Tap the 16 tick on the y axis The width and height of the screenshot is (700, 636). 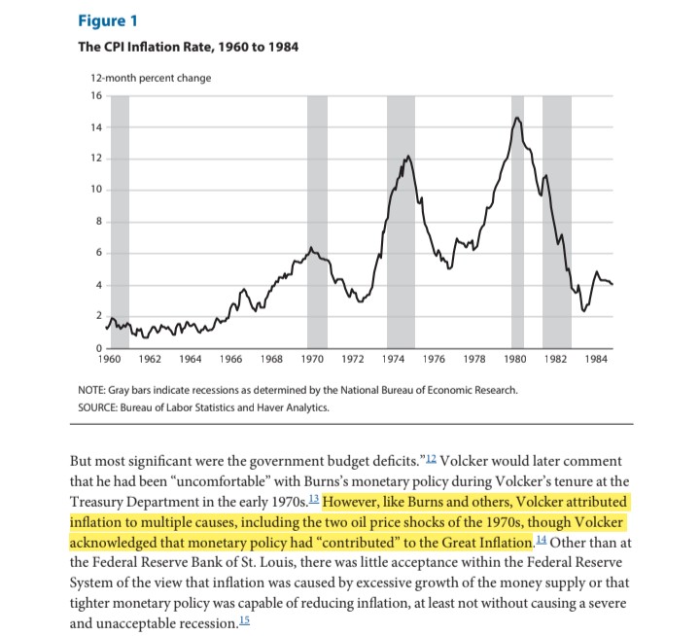(95, 95)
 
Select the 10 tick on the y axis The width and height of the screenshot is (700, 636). (95, 190)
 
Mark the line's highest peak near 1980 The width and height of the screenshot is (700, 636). (516, 118)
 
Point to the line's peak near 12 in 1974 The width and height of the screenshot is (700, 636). (407, 156)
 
